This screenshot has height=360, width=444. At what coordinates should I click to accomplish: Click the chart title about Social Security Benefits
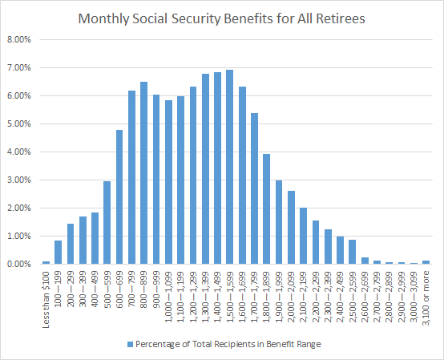tap(222, 17)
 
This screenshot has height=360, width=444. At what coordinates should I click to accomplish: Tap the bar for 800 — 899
tap(143, 173)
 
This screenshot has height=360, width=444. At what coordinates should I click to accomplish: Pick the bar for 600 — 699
tap(119, 197)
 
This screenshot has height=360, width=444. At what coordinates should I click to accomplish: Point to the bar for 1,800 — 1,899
tap(266, 209)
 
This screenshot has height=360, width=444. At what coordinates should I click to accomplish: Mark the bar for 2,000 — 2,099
tap(291, 228)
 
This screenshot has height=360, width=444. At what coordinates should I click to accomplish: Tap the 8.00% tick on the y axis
tap(20, 39)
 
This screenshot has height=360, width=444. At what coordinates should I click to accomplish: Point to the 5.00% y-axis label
tap(20, 123)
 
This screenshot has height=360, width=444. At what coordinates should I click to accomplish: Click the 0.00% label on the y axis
tap(20, 264)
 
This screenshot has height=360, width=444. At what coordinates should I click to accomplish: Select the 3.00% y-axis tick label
tap(20, 180)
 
